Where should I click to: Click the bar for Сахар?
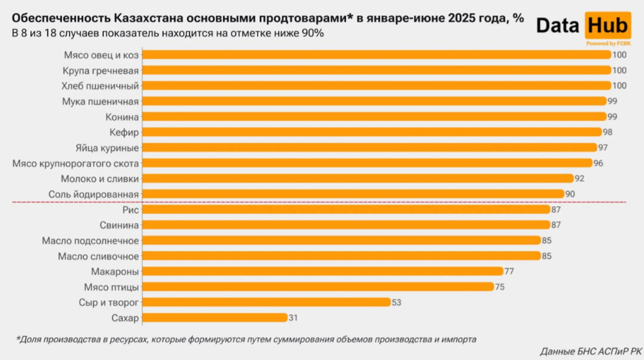click(215, 318)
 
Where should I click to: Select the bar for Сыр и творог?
click(266, 302)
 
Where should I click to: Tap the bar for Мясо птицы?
click(318, 287)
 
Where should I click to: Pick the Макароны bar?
click(323, 271)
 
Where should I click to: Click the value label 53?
click(397, 302)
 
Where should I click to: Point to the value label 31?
click(293, 318)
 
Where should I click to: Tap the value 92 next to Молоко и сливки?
click(579, 178)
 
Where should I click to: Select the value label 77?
click(509, 271)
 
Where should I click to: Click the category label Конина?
click(122, 117)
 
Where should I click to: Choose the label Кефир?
click(124, 132)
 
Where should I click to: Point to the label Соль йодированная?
click(94, 194)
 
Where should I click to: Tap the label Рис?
click(131, 210)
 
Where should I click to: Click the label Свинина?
click(119, 225)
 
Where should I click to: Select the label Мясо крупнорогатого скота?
click(76, 163)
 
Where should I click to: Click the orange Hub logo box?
click(608, 25)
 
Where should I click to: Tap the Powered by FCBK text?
click(608, 44)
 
